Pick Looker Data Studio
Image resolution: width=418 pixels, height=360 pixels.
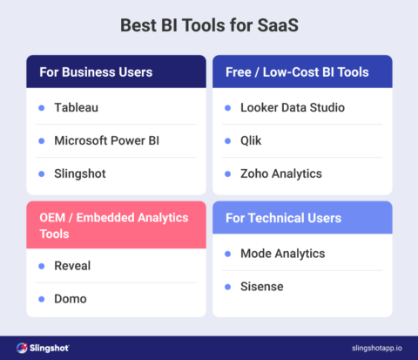(293, 108)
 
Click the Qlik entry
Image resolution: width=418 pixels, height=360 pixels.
(251, 140)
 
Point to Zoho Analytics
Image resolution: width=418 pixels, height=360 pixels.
(280, 173)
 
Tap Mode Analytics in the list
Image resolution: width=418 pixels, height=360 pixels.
(282, 254)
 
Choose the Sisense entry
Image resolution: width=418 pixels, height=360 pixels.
(262, 286)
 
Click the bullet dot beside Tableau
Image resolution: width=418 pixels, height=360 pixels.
(41, 108)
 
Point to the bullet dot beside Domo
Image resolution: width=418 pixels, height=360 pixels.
(41, 297)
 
